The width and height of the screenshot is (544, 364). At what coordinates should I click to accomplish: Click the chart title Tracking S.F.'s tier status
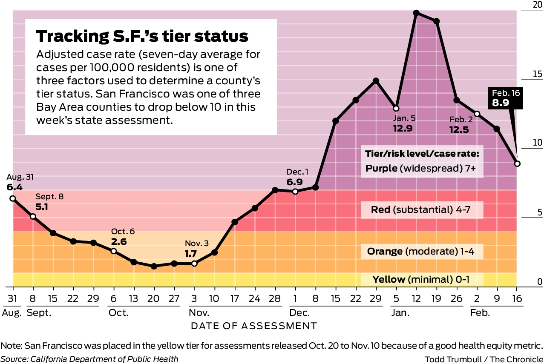(142, 36)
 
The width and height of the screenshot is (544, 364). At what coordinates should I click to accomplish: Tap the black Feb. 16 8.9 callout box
(506, 97)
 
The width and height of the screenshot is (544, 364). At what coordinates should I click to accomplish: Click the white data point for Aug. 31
(13, 198)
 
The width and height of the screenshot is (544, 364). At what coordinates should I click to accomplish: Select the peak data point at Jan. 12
(416, 13)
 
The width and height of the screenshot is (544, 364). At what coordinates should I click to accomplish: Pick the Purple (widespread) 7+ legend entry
(420, 169)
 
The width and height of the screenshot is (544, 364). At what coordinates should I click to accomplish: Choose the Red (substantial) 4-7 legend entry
(422, 209)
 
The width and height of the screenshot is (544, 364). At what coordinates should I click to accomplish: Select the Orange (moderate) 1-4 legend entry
(420, 251)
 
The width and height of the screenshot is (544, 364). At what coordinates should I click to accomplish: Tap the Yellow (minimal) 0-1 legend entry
(421, 279)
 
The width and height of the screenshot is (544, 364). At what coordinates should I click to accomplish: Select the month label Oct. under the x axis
(118, 313)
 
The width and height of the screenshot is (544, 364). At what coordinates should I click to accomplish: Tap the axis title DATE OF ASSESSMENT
(254, 326)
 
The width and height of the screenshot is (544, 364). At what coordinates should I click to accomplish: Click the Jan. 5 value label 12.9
(403, 128)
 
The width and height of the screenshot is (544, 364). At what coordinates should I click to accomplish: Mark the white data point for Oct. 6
(114, 251)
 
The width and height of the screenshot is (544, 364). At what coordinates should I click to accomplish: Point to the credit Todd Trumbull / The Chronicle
(484, 358)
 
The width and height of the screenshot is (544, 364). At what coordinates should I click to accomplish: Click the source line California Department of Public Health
(104, 358)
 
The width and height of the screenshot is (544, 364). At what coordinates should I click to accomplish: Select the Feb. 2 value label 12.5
(459, 129)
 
